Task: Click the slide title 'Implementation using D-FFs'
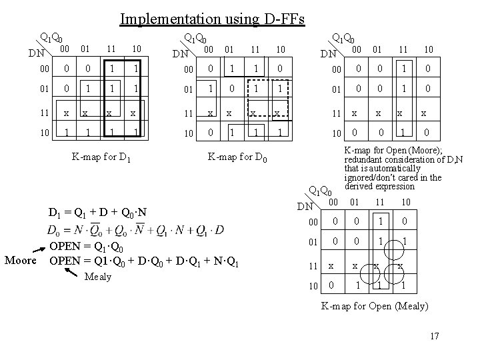point(212,19)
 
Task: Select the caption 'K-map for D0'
point(238,158)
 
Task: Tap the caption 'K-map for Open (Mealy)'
point(374,306)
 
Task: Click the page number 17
point(434,335)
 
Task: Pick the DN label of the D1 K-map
point(35,52)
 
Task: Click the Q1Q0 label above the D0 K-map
point(197,39)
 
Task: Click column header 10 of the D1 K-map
point(135,49)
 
